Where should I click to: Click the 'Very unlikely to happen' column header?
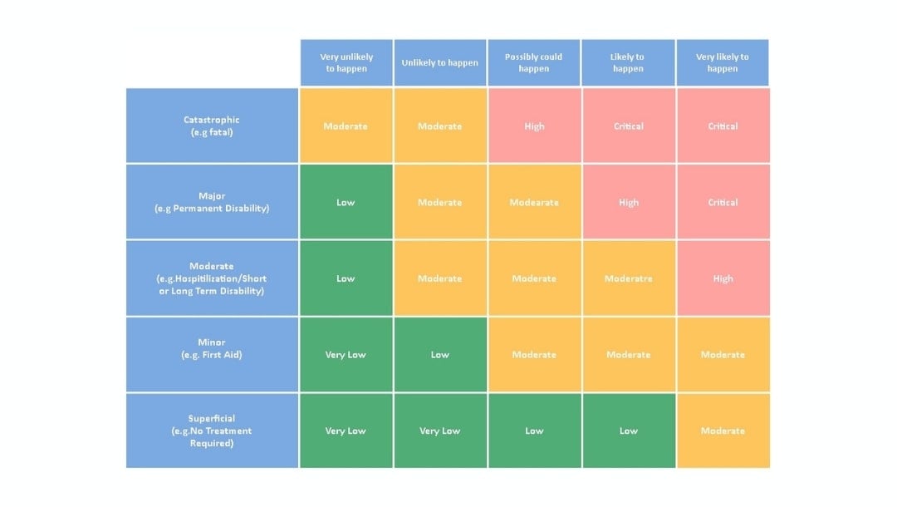pos(346,62)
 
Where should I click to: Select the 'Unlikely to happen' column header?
pos(440,62)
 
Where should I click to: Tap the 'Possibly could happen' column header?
pos(534,62)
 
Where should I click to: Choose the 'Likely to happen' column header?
pos(628,62)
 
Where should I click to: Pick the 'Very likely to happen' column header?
pos(723,62)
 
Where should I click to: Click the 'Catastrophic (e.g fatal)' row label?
pos(212,126)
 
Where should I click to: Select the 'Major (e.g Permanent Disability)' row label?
pos(212,202)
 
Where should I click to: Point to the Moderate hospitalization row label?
pos(212,278)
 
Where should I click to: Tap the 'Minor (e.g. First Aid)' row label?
pos(212,354)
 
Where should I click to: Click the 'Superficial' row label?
pos(212,431)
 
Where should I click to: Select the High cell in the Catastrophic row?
pos(534,126)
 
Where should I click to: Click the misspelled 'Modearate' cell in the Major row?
pos(534,202)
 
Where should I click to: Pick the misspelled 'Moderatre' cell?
pos(628,278)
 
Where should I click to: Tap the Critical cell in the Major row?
pos(723,202)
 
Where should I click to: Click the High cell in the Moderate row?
pos(723,278)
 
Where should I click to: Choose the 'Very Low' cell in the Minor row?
pos(346,354)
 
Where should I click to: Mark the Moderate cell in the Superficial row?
pos(723,431)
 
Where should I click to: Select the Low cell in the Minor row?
pos(440,354)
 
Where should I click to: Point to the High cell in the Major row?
pos(628,202)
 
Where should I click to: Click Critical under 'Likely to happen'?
pos(628,126)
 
